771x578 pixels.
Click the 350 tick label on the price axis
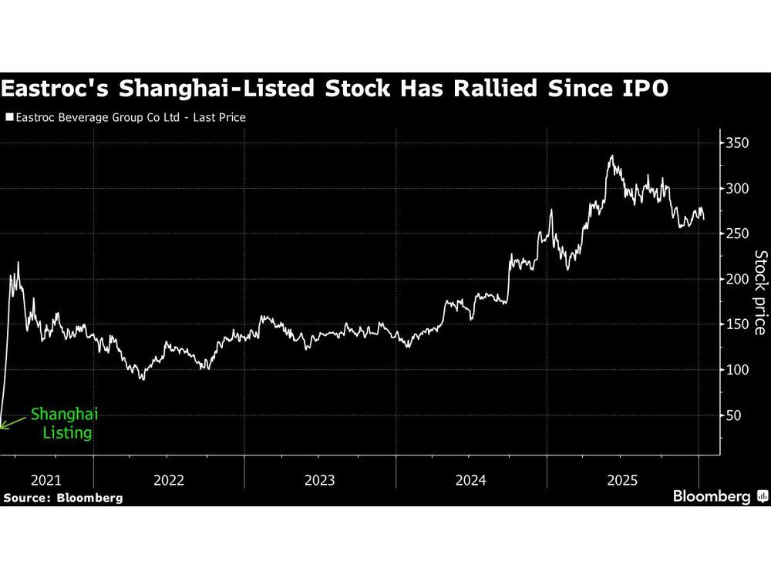point(736,143)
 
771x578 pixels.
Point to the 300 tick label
point(736,189)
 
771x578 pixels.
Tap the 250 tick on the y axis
point(736,234)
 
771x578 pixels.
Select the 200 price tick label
point(736,279)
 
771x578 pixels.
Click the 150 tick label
point(736,324)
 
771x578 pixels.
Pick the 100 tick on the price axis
point(736,370)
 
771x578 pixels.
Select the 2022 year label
point(169,480)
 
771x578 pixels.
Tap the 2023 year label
point(320,480)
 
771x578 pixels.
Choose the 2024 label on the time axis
point(471,480)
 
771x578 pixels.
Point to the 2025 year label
point(622,480)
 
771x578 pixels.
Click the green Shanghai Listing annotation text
point(65,424)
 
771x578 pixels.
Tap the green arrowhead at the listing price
point(3,426)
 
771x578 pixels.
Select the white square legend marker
point(8,118)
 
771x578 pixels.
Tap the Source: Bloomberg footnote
point(63,498)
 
